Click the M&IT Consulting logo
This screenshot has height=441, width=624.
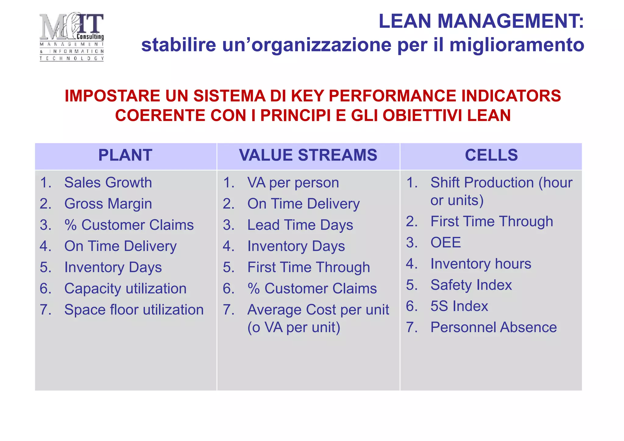click(x=72, y=37)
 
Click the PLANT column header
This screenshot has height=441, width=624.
click(x=125, y=155)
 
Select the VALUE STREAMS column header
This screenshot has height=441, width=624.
click(x=308, y=155)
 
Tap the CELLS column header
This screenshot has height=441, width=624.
click(x=491, y=155)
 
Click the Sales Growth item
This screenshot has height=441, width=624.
click(x=108, y=183)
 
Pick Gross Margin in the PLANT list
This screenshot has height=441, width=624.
click(x=108, y=204)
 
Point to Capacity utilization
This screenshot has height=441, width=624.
click(x=125, y=289)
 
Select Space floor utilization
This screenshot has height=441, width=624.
click(x=134, y=310)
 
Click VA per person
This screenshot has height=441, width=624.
click(x=293, y=183)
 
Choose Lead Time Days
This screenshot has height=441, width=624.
click(x=300, y=225)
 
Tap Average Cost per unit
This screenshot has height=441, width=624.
click(x=318, y=310)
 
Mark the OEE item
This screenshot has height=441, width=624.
click(x=445, y=243)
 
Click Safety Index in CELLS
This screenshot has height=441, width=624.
click(x=471, y=285)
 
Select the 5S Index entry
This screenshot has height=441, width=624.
click(x=459, y=306)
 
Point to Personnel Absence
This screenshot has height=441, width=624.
click(x=493, y=327)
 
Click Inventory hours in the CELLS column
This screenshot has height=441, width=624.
click(x=480, y=264)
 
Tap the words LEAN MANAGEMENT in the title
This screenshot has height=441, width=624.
click(x=480, y=21)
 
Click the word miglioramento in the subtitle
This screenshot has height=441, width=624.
click(x=517, y=45)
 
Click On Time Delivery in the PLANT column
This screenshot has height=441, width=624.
click(x=120, y=246)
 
